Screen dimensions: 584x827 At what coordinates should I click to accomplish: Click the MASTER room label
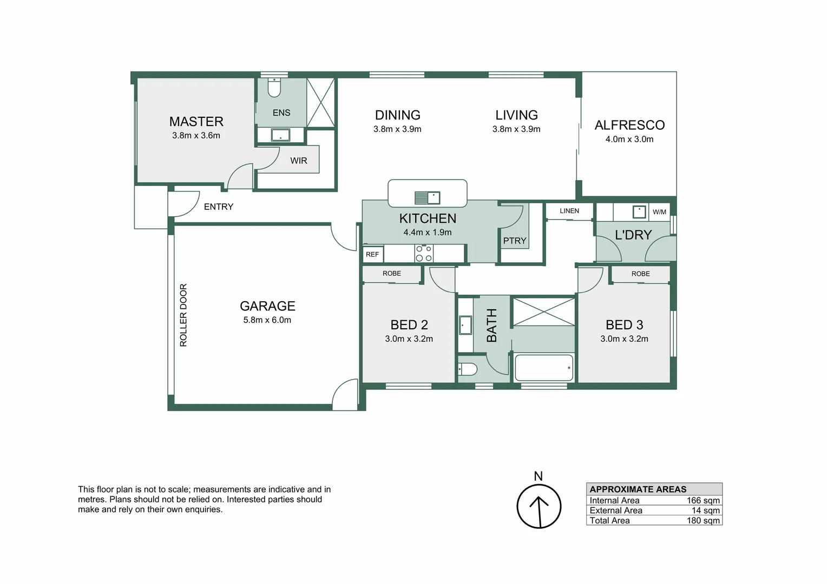pos(196,122)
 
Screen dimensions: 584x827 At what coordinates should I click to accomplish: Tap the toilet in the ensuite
pos(274,87)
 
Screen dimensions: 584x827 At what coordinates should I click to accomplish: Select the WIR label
pos(298,161)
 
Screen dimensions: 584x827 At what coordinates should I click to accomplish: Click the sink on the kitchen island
pos(427,197)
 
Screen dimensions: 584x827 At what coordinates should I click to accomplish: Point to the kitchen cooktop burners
pos(424,254)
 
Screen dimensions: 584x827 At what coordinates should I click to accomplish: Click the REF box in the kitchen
pos(372,254)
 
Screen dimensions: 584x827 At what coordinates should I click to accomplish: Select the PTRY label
pos(514,241)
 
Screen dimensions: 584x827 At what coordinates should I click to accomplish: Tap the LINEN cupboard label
pos(569,211)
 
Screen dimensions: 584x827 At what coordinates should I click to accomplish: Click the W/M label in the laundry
pos(659,212)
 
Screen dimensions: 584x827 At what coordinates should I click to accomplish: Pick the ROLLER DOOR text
pos(183,315)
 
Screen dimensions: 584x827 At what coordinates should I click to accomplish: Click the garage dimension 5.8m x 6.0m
pos(267,320)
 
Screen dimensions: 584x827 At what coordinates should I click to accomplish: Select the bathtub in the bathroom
pos(543,368)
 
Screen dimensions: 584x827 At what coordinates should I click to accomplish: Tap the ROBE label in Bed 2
pos(392,274)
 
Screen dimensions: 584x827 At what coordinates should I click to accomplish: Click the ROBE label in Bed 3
pos(640,274)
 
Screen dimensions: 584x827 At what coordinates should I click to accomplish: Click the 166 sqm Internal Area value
pos(703,501)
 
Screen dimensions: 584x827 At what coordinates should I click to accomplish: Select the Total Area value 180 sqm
pos(703,521)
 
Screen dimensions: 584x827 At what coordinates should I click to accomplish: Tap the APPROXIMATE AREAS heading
pos(638,489)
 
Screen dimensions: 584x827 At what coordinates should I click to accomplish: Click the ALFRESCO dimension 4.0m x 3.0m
pos(629,140)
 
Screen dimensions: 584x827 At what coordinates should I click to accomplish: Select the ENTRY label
pos(219,207)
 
